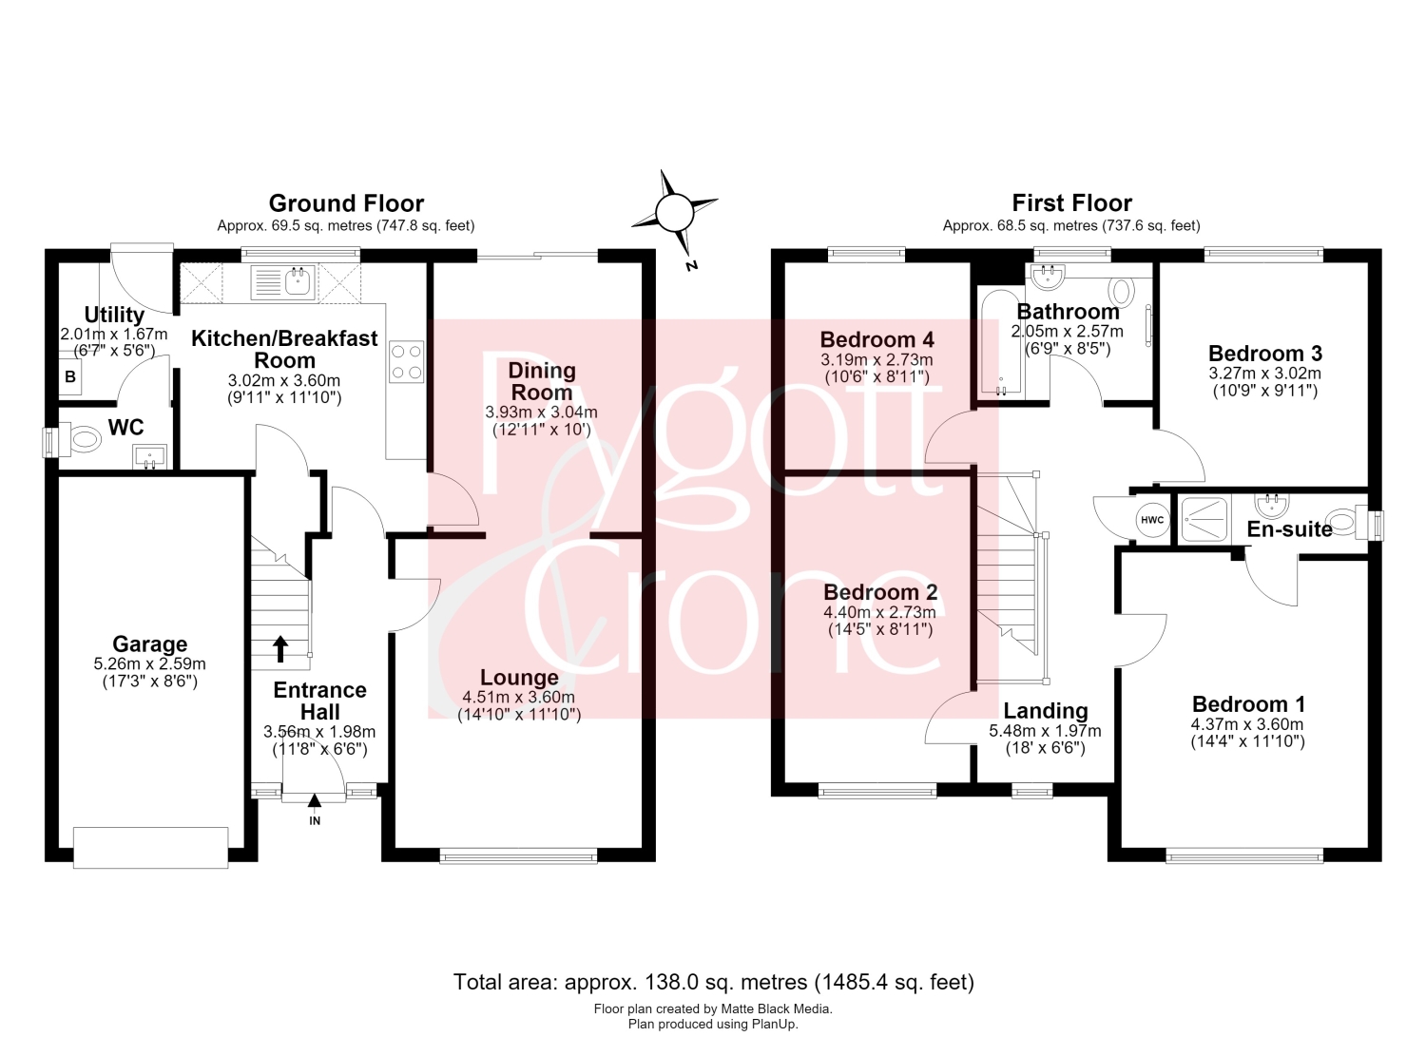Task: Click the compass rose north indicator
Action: click(675, 214)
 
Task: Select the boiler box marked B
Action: click(70, 376)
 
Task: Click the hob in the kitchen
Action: click(406, 361)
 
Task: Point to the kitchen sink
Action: click(283, 282)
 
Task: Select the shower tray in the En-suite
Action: click(1204, 520)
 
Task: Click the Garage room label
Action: click(149, 643)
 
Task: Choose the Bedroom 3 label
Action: click(1265, 353)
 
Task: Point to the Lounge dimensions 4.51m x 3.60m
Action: click(519, 697)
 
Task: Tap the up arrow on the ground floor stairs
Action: click(280, 649)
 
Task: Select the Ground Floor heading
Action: click(346, 203)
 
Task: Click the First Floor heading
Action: click(1072, 203)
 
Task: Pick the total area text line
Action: click(714, 982)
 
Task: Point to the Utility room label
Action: click(115, 315)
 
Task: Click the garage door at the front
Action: click(151, 847)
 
